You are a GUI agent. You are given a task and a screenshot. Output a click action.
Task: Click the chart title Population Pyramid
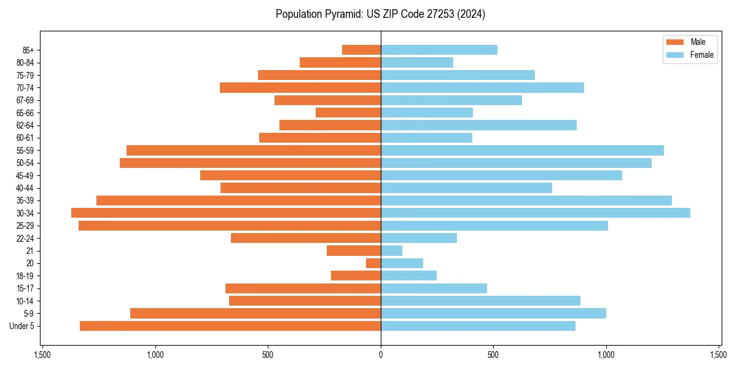[x=380, y=14]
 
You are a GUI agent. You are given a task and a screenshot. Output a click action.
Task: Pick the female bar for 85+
[x=439, y=50]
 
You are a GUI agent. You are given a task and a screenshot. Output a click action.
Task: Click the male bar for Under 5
[x=230, y=326]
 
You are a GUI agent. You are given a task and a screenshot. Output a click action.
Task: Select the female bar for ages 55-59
[x=522, y=150]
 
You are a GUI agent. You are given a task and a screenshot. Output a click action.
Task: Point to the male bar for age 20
[x=373, y=263]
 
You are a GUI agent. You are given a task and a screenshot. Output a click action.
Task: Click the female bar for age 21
[x=392, y=250]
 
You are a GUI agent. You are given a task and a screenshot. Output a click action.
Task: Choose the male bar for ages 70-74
[x=300, y=87]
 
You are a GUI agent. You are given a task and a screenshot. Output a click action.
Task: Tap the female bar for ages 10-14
[x=480, y=301]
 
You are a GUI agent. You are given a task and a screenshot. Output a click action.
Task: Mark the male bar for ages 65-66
[x=348, y=113]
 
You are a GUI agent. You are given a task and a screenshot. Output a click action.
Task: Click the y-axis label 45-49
[x=25, y=175]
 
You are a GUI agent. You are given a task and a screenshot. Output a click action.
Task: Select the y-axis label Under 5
[x=22, y=326]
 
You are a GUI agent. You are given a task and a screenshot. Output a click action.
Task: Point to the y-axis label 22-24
[x=25, y=238]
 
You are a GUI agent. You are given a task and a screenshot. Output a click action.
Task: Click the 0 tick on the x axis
[x=381, y=355]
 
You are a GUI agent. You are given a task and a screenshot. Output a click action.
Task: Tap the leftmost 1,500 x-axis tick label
[x=42, y=355]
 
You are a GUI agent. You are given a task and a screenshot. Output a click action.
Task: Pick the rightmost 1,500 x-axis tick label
[x=719, y=355]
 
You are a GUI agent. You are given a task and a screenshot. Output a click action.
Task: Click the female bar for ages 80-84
[x=417, y=62]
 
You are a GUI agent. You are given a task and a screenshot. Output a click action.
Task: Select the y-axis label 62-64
[x=25, y=125]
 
